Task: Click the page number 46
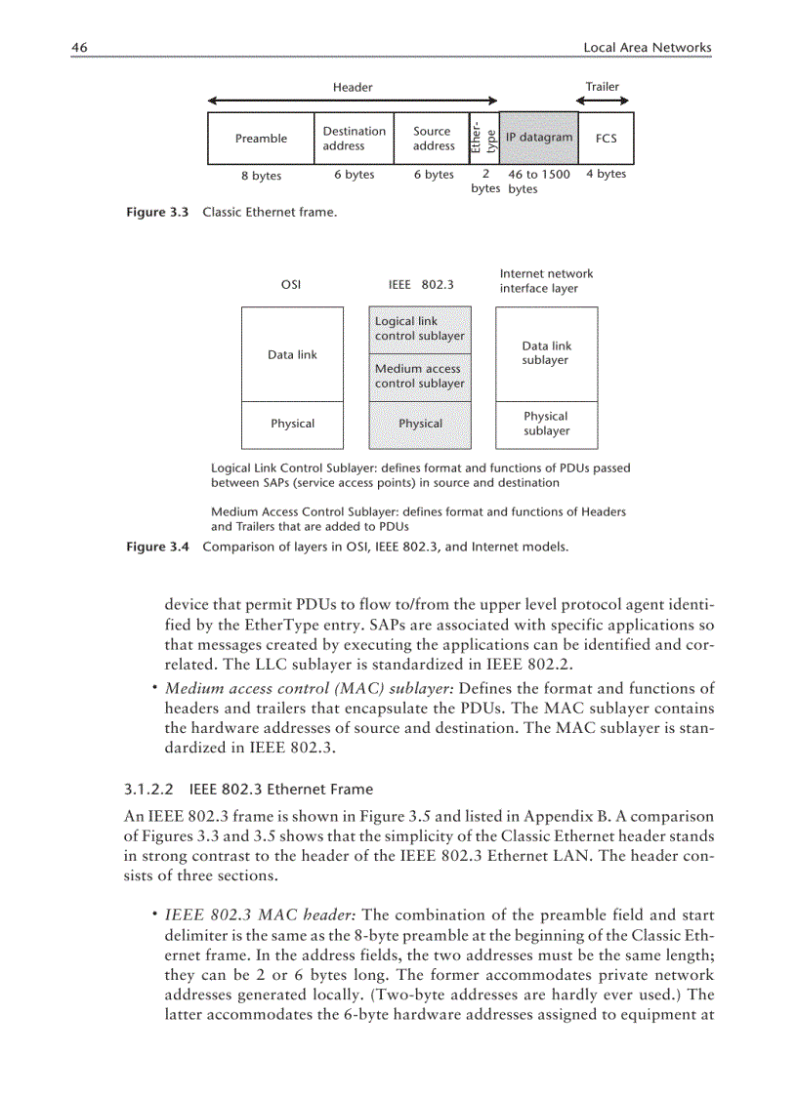pyautogui.click(x=80, y=47)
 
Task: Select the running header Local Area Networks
pyautogui.click(x=647, y=47)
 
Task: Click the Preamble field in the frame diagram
pyautogui.click(x=261, y=139)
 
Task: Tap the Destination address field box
pyautogui.click(x=354, y=139)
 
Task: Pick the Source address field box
pyautogui.click(x=433, y=139)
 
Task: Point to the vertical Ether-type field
pyautogui.click(x=484, y=139)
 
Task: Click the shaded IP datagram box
pyautogui.click(x=538, y=138)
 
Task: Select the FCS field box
pyautogui.click(x=606, y=139)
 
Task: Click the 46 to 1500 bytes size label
pyautogui.click(x=538, y=182)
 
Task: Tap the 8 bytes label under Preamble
pyautogui.click(x=261, y=176)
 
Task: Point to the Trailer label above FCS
pyautogui.click(x=602, y=87)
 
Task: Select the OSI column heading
pyautogui.click(x=290, y=285)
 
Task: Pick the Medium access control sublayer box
pyautogui.click(x=419, y=377)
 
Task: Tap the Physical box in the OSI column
pyautogui.click(x=292, y=424)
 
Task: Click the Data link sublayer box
pyautogui.click(x=546, y=353)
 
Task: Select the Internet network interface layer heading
pyautogui.click(x=546, y=281)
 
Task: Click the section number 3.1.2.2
pyautogui.click(x=149, y=789)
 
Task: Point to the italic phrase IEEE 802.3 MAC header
pyautogui.click(x=261, y=915)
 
